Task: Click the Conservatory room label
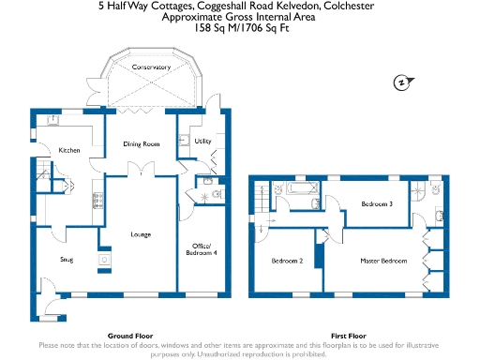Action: click(x=151, y=67)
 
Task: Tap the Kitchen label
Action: click(x=70, y=150)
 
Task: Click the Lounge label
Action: click(x=141, y=233)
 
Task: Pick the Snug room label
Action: click(x=67, y=259)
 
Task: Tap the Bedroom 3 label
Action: click(x=377, y=203)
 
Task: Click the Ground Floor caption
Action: click(x=130, y=335)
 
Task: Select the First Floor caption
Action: click(x=348, y=335)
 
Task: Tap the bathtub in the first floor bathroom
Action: click(x=302, y=190)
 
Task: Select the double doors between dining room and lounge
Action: click(x=141, y=169)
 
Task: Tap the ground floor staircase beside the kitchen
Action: click(x=43, y=172)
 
